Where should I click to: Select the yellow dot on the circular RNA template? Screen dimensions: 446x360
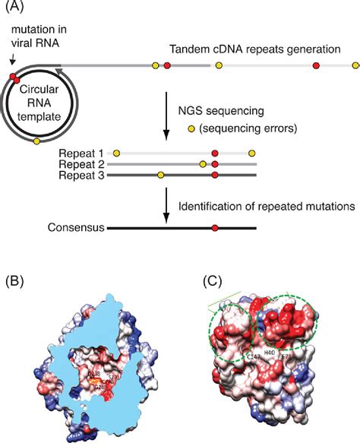coord(37,141)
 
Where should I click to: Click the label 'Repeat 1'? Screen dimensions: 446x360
coord(84,153)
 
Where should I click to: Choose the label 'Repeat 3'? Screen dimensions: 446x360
coord(84,175)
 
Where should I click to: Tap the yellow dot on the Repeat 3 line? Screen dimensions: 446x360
coord(160,175)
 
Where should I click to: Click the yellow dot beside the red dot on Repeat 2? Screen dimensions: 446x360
coord(203,163)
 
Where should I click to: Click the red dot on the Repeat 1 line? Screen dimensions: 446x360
coord(216,153)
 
